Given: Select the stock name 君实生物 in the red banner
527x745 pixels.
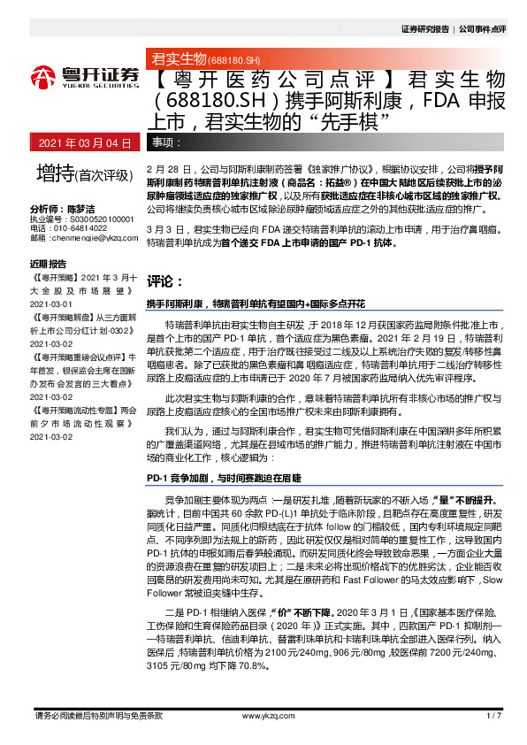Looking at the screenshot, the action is (x=179, y=60).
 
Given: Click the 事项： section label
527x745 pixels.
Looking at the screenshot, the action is (x=168, y=142).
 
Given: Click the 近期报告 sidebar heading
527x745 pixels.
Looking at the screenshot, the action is (x=48, y=264).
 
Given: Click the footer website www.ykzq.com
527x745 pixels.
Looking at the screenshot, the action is (x=263, y=716).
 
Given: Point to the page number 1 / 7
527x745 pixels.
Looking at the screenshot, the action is (x=494, y=716).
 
